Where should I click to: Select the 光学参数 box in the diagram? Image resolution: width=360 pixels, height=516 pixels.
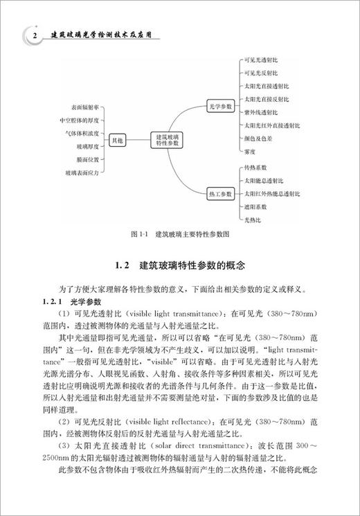222,107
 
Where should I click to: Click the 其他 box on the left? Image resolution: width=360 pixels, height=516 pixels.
116,141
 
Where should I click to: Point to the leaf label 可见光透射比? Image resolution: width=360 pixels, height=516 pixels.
260,60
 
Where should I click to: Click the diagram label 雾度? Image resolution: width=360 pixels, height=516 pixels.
251,151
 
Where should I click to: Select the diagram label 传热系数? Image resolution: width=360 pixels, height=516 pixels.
255,168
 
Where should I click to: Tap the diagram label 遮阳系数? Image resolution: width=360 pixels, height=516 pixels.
255,206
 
